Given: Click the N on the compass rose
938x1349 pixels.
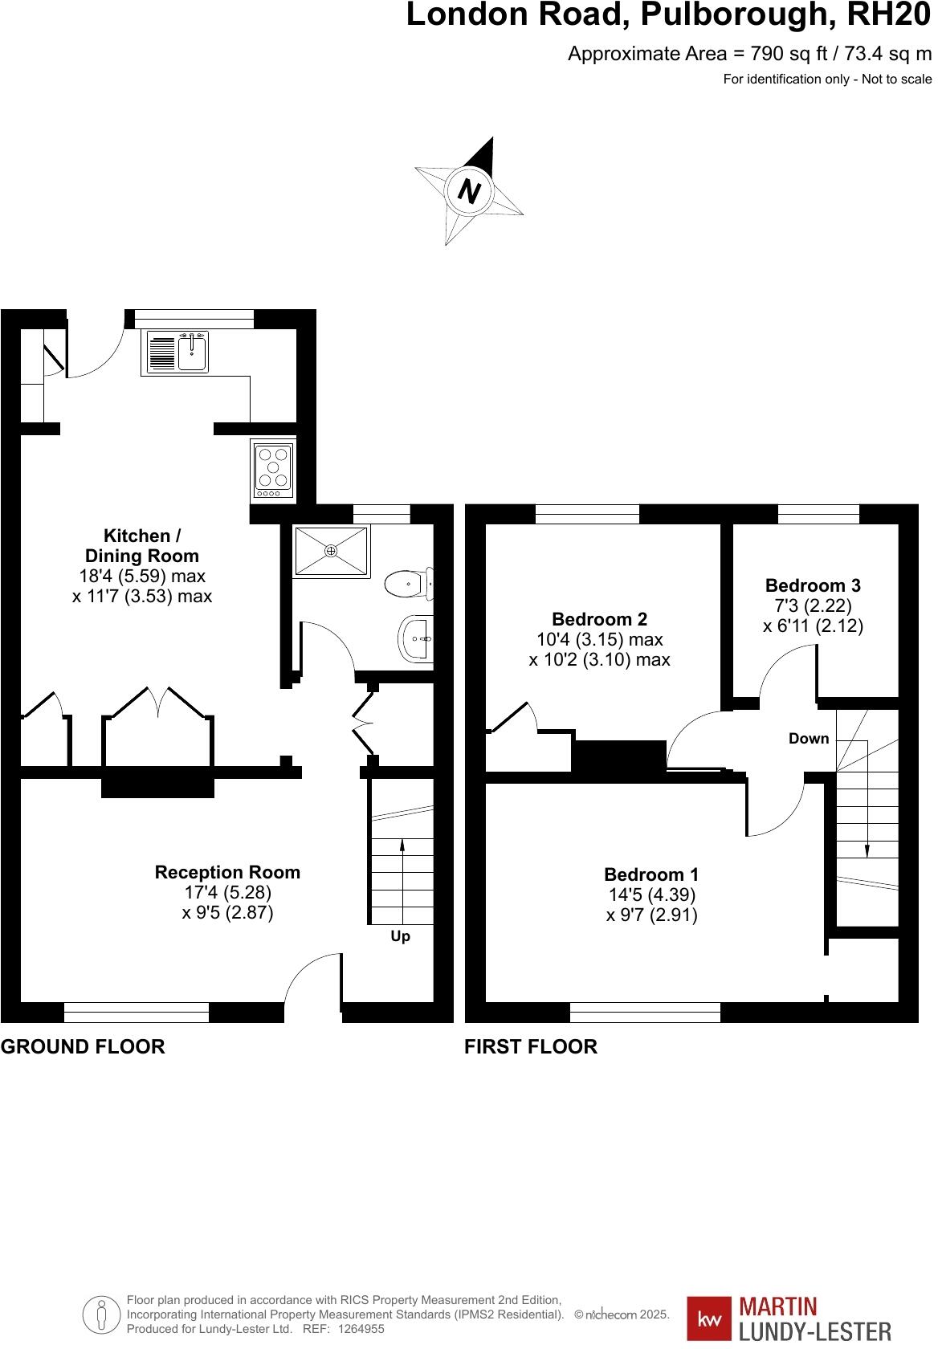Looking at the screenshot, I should (x=470, y=191).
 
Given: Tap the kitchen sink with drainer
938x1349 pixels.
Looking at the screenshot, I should (x=176, y=353).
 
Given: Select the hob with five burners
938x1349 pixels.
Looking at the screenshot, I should (x=273, y=468).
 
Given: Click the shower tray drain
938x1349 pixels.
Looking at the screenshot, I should (x=331, y=551).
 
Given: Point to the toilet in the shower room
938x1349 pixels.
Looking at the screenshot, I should (x=410, y=584).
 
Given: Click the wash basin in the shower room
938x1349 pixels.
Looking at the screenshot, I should (x=417, y=640).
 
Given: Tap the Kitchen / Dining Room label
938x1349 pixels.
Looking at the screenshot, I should (x=141, y=545).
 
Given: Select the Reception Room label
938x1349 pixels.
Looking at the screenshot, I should (x=227, y=872).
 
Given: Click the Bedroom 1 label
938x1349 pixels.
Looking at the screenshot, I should (x=651, y=874).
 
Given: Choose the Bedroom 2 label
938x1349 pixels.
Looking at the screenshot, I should (x=599, y=619).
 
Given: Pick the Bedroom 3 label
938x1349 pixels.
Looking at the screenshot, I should (x=813, y=585).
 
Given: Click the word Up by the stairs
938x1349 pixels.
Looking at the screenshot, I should (x=400, y=936).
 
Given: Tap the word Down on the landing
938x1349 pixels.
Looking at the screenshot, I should (x=808, y=739).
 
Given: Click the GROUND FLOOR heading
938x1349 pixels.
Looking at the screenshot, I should (x=83, y=1046).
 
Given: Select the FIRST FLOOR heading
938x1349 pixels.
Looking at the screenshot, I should (x=531, y=1046).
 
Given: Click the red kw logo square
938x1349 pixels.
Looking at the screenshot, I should (x=709, y=1319).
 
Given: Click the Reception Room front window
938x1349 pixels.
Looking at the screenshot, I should (x=136, y=1012).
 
